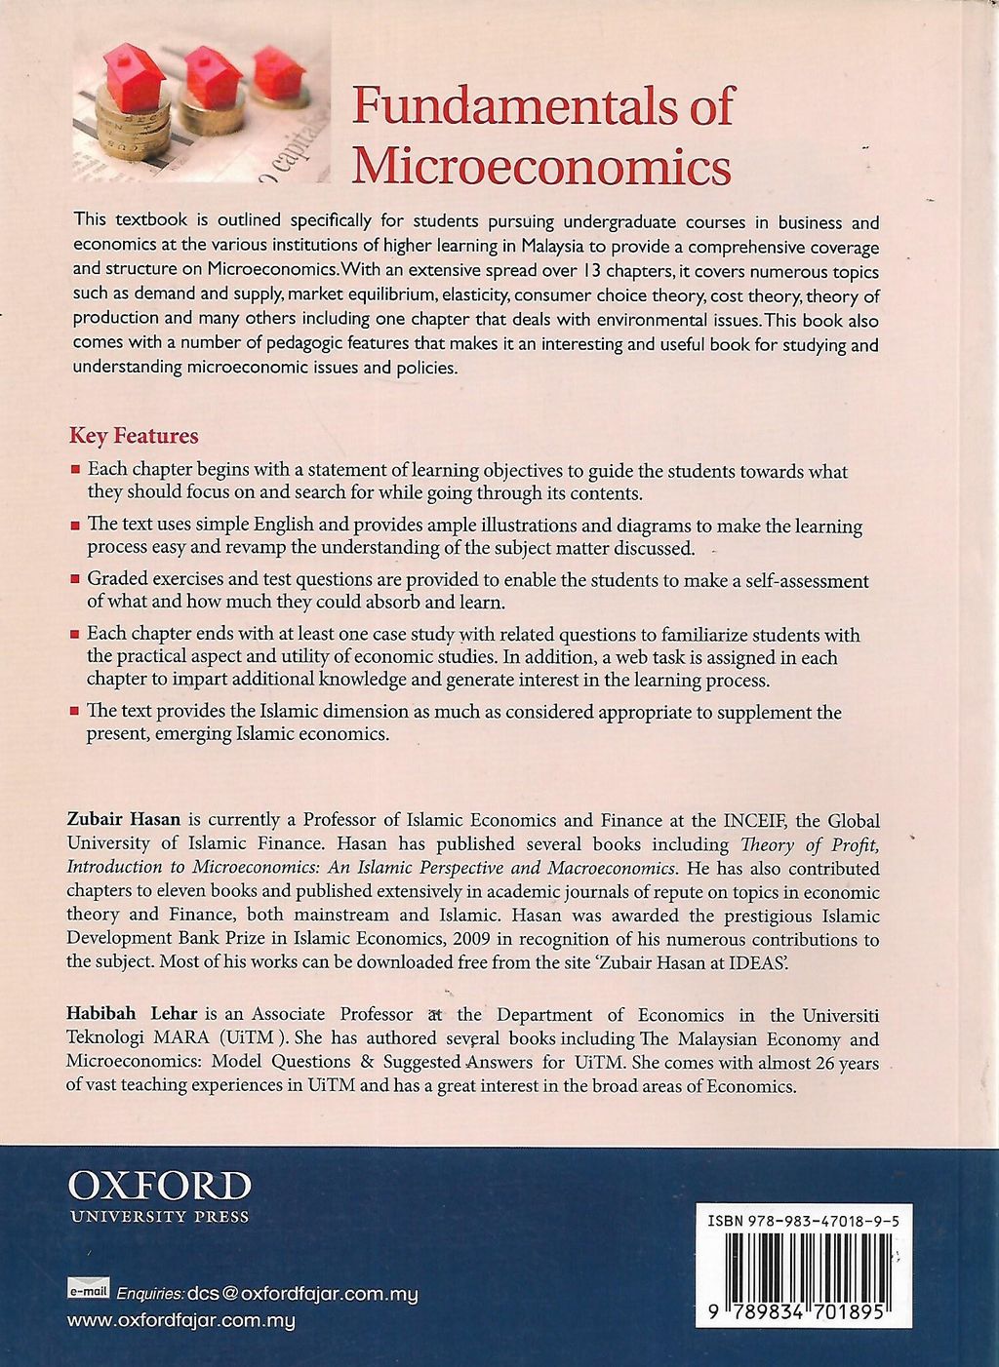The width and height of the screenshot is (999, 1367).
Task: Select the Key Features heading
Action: [134, 436]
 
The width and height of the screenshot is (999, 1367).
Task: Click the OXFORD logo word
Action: [160, 1187]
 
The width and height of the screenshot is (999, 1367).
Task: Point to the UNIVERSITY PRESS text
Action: [159, 1217]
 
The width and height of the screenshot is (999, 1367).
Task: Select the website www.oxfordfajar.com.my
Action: [180, 1322]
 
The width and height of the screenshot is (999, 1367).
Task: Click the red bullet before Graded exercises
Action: [75, 582]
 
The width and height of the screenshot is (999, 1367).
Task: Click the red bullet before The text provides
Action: [75, 714]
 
